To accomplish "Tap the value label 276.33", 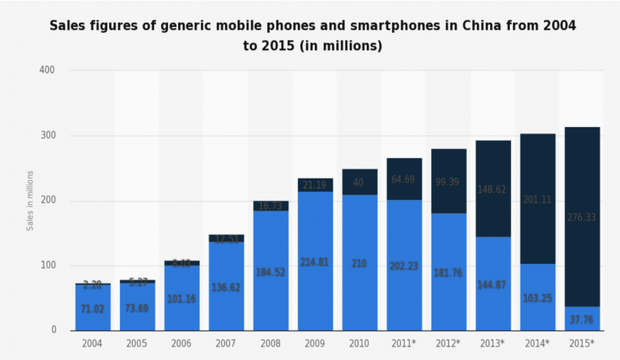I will point(582,217).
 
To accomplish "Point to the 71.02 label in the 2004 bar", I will point(92,308).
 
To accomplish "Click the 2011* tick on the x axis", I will point(404,343).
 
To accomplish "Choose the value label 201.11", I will point(538,200).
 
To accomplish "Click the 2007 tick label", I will point(226,343).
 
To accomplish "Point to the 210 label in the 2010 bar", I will point(360,263).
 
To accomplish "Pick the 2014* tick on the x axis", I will point(538,343).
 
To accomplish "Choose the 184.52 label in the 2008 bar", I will point(270,272).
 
